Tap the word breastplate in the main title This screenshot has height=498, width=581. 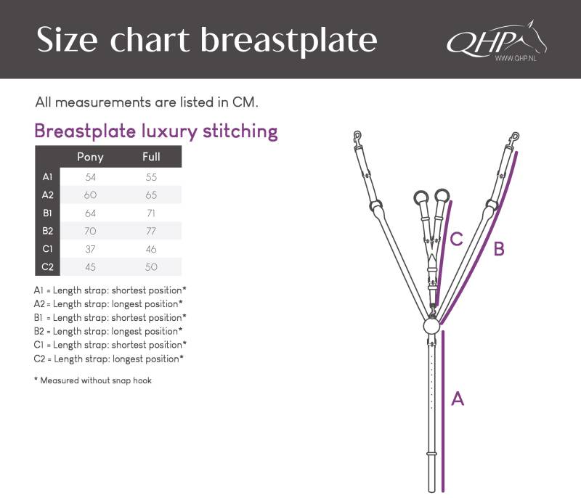pos(288,41)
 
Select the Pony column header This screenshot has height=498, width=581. pos(90,157)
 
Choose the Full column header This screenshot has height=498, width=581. pos(151,157)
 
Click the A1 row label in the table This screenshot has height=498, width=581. pos(47,177)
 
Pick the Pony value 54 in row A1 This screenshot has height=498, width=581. pos(90,177)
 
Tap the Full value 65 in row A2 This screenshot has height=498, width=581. pos(151,195)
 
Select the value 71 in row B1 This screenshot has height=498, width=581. pos(151,213)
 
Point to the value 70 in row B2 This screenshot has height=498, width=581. pos(90,231)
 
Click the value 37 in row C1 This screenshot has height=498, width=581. pos(90,249)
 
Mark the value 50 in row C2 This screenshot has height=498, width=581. pos(151,267)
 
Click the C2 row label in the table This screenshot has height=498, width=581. pos(47,267)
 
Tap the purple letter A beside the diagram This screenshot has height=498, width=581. pos(458,399)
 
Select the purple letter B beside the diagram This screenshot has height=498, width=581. pos(499,248)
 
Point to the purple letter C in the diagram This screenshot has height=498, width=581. pos(457,239)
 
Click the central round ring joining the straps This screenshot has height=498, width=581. pos(431,326)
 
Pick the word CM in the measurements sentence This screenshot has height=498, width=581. pos(245,102)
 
